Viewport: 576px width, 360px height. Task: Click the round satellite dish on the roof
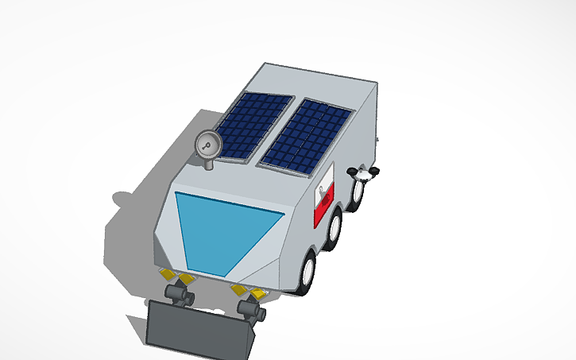pyautogui.click(x=207, y=145)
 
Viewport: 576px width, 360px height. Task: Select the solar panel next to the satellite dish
pyautogui.click(x=248, y=126)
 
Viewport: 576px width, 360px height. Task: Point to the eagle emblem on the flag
pyautogui.click(x=321, y=191)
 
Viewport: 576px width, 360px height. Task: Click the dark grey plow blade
pyautogui.click(x=199, y=329)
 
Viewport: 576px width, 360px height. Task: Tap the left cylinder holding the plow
pyautogui.click(x=178, y=295)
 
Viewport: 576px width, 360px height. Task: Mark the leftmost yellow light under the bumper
pyautogui.click(x=167, y=274)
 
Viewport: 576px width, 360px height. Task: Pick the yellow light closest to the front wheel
pyautogui.click(x=258, y=295)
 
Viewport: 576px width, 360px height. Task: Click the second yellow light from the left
pyautogui.click(x=186, y=278)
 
